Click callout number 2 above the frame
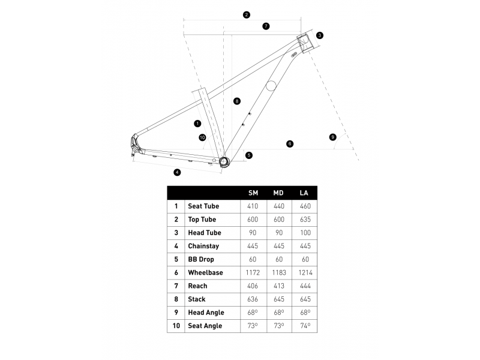247,14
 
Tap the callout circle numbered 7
266,26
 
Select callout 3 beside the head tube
320,35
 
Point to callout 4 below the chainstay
177,172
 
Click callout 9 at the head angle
333,137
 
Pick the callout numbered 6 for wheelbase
290,143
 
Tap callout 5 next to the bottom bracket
249,155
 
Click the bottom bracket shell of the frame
224,161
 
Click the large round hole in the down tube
271,86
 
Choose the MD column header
278,193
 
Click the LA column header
304,193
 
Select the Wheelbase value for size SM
253,272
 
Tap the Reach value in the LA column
305,286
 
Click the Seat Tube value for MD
279,206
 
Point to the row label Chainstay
203,246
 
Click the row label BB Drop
201,259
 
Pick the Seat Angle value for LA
305,326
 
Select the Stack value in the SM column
253,299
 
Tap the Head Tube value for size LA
305,233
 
